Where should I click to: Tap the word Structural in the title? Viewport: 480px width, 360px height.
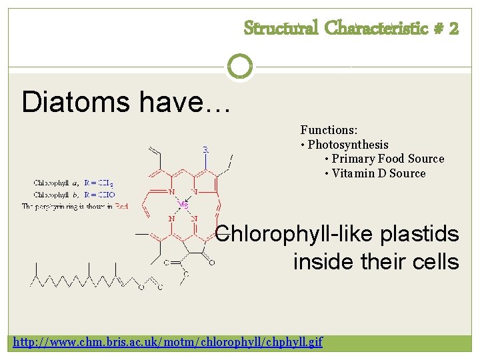(x=281, y=28)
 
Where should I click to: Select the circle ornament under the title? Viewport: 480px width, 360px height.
(x=240, y=67)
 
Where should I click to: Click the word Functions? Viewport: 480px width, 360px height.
(x=329, y=130)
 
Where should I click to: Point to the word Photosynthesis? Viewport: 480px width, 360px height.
(x=348, y=145)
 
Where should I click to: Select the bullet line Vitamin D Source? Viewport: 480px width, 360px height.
(x=378, y=173)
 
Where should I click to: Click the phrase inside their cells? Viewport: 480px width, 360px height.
(x=376, y=261)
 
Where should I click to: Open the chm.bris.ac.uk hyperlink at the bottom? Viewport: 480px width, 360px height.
(x=168, y=342)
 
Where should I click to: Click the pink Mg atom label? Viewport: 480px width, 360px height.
(x=183, y=205)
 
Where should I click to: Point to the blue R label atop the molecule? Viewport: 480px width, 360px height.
(x=205, y=149)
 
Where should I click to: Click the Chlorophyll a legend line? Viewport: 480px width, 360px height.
(x=73, y=182)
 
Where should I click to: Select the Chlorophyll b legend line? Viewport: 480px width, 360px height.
(x=74, y=194)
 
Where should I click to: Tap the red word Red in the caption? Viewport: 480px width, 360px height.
(x=121, y=207)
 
